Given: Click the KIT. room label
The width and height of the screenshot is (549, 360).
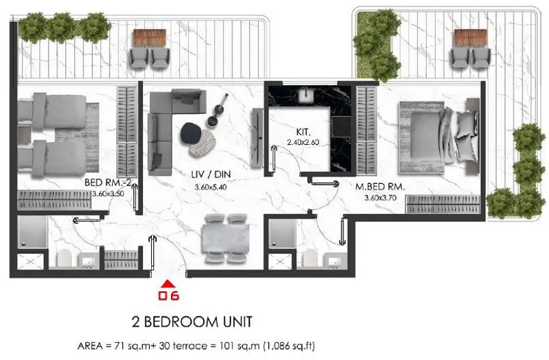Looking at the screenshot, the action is coord(303,132).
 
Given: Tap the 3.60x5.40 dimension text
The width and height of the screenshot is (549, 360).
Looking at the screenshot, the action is coord(210,187).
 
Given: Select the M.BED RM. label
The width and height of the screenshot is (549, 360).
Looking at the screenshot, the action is coord(380,187).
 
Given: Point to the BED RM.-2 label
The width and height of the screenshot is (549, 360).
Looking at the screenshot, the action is coord(108,183).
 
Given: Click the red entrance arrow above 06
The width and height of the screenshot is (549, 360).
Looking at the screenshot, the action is coord(168,284).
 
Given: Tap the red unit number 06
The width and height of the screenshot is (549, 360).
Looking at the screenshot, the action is coord(168,296).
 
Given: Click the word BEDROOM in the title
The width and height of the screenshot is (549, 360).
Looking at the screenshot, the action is coord(182,322).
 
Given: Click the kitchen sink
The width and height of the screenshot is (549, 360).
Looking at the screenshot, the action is coord(307,95).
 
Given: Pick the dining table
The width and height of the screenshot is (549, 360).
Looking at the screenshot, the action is coord(225,238).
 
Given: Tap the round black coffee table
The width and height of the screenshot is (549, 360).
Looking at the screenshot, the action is coord(191,133).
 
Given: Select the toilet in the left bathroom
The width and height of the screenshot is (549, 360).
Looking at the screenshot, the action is coord(64,258).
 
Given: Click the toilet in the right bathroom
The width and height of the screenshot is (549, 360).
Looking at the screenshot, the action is coord(310,259).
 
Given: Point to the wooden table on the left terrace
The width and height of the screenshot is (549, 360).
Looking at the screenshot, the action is coord(149,37).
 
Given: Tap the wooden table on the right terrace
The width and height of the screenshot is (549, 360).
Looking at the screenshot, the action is coord(470,38).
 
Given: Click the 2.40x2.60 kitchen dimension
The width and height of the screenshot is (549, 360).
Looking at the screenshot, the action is coord(303,143).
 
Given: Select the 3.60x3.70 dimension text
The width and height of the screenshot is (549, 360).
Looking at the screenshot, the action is coord(381,198).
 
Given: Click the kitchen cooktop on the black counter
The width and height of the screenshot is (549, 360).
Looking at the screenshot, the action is coord(341,127).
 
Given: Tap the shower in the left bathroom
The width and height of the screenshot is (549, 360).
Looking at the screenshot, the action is coord(32,232).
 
